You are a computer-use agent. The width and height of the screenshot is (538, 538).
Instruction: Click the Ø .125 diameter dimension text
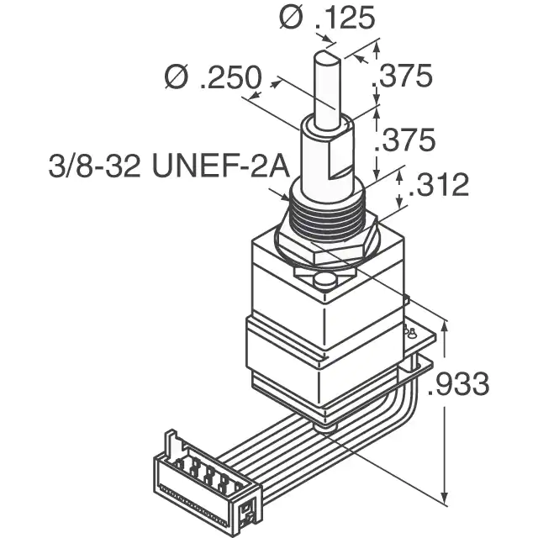[327, 17]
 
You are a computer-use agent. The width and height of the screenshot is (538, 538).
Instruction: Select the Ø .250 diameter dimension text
[214, 76]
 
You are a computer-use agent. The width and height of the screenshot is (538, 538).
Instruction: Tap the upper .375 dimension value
[403, 76]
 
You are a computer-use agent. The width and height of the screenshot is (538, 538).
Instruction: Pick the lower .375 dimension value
[405, 140]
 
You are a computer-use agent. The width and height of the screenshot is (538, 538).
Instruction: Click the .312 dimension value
[439, 184]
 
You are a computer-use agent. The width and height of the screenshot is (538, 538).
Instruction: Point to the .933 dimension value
[459, 383]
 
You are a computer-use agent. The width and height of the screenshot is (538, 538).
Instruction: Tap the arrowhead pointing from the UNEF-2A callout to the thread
[285, 197]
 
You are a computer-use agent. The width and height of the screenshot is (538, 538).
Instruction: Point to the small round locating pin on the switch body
[325, 282]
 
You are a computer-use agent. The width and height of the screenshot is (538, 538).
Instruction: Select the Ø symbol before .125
[291, 17]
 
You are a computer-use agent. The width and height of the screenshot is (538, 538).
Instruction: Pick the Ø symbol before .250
[177, 76]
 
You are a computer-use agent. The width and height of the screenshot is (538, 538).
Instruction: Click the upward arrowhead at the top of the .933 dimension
[445, 326]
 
